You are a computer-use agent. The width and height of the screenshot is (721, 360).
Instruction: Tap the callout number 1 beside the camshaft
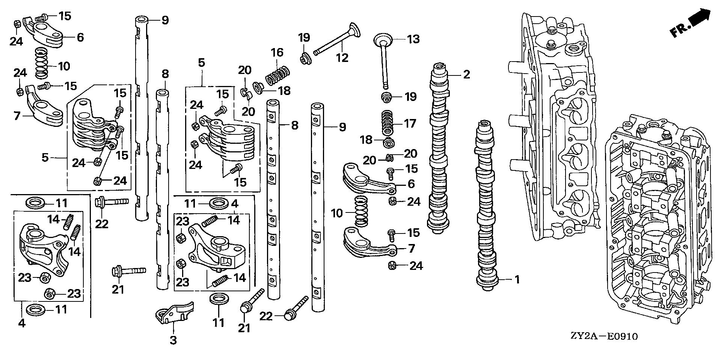pyautogui.click(x=517, y=279)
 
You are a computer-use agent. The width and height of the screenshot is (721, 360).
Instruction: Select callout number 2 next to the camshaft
pyautogui.click(x=466, y=74)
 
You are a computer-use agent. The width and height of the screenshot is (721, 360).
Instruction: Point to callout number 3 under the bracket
pyautogui.click(x=173, y=340)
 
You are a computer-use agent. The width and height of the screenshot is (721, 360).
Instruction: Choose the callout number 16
pyautogui.click(x=277, y=53)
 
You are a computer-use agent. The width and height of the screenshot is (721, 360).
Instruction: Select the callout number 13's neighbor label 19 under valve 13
pyautogui.click(x=410, y=97)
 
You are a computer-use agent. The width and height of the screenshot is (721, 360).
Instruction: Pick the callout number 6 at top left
pyautogui.click(x=80, y=37)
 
